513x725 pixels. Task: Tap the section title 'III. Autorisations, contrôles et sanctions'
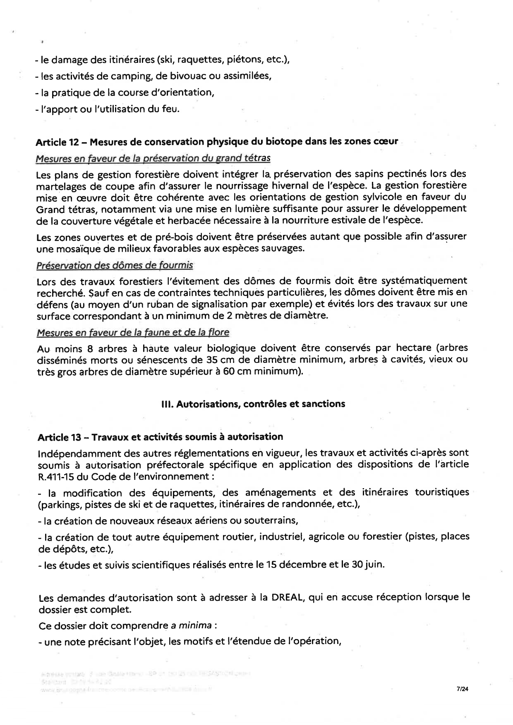[253, 404]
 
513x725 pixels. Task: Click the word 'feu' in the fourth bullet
[172, 109]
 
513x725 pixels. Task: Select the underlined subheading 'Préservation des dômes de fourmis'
[115, 265]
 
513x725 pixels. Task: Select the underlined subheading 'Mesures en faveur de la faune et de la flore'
[133, 332]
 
